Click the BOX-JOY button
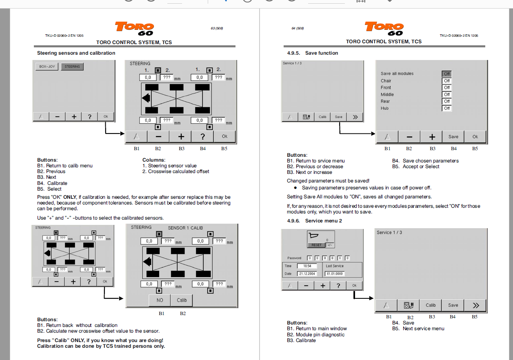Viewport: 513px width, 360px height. click(x=47, y=67)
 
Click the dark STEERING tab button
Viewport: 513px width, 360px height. click(x=72, y=67)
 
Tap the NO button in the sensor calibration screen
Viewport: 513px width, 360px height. click(x=160, y=300)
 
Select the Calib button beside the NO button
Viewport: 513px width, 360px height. click(x=182, y=300)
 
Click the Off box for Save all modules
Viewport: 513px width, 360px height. click(x=447, y=74)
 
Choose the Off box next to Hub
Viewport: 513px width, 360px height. click(x=447, y=108)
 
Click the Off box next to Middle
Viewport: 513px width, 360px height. click(x=447, y=94)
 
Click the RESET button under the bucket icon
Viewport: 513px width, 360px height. click(x=316, y=245)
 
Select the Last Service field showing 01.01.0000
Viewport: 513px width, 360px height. click(x=334, y=273)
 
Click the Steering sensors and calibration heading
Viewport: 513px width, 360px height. click(x=76, y=53)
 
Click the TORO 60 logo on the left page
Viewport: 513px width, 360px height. click(x=135, y=29)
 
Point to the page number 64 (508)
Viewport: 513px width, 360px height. click(x=298, y=29)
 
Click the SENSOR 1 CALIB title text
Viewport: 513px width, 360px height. click(x=185, y=228)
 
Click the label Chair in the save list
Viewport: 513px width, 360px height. click(x=386, y=81)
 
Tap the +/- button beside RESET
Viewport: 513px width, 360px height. click(x=329, y=245)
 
